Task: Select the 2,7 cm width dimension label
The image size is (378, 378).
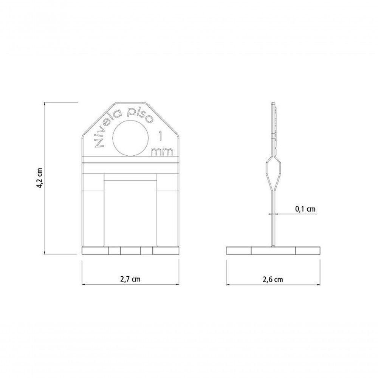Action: click(130, 279)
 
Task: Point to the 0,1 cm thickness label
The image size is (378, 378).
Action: click(305, 208)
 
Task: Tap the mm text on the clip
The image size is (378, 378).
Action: click(162, 152)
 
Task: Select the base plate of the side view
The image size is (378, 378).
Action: click(273, 250)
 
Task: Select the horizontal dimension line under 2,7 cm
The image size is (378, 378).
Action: click(130, 284)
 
